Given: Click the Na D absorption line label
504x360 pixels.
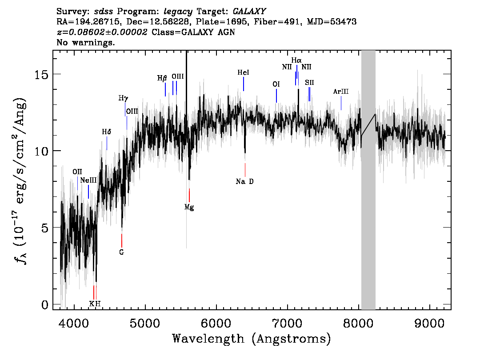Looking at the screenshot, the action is point(244,182).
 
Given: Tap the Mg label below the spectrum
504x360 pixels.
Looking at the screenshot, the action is point(189,207).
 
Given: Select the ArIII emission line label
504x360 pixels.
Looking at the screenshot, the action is point(341,92).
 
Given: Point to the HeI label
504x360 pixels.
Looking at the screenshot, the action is point(243,72).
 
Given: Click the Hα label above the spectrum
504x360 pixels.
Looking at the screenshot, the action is point(296,60).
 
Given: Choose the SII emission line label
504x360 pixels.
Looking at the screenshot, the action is point(309,83).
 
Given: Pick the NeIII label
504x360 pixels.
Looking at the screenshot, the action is point(88,180).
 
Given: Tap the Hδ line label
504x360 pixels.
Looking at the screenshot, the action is point(106,132).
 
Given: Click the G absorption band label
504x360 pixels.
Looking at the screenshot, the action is point(121,252).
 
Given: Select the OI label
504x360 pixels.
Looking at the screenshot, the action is point(276,84).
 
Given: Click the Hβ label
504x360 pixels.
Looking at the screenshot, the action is point(162,78).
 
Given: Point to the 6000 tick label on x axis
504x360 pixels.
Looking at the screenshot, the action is point(216,324).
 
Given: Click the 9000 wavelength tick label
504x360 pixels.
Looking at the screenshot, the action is point(429,324).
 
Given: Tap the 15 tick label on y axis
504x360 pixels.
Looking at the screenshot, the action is point(41,75).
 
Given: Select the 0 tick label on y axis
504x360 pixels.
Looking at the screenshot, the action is point(45,304).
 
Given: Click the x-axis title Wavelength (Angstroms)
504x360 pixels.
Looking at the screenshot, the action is point(252,339).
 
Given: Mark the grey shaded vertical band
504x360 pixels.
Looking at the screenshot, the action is point(368,180).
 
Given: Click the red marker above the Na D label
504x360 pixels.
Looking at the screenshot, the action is point(245,170).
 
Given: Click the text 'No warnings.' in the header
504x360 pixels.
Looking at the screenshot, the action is point(85,42).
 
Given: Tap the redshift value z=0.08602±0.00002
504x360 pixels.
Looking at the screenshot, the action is point(102,32).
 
